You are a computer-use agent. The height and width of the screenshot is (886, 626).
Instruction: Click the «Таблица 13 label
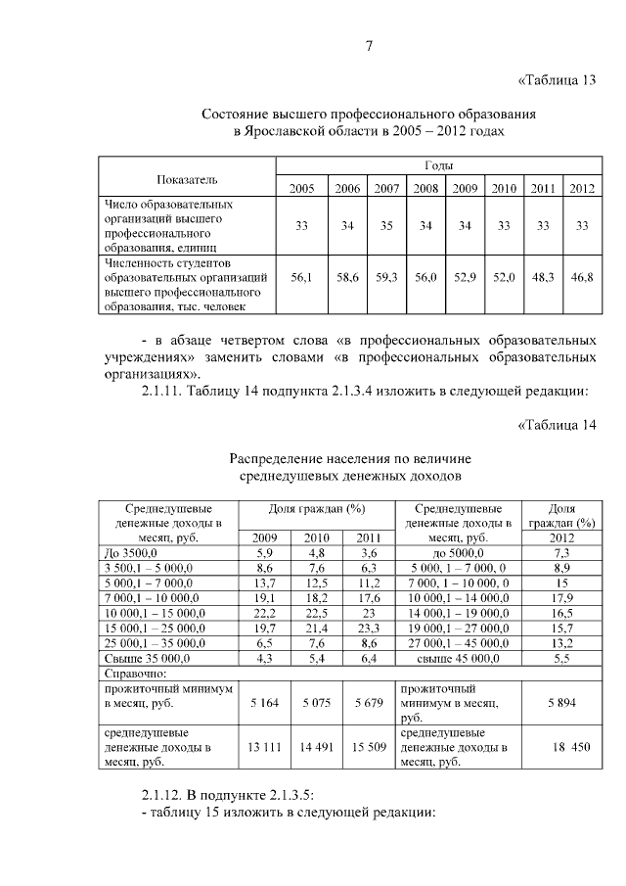tap(555, 80)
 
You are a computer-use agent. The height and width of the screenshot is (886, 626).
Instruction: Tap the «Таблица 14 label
tap(555, 424)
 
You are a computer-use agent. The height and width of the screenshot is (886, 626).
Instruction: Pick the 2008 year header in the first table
tap(425, 189)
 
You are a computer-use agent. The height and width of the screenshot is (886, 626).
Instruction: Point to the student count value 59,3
tap(386, 279)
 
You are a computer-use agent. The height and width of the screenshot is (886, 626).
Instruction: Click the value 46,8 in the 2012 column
tap(582, 279)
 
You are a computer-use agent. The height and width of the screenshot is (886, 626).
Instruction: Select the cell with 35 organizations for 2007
tap(386, 226)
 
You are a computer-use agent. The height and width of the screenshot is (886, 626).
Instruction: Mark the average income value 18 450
tap(560, 746)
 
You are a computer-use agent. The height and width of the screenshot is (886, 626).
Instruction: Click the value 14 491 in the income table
tap(316, 746)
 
